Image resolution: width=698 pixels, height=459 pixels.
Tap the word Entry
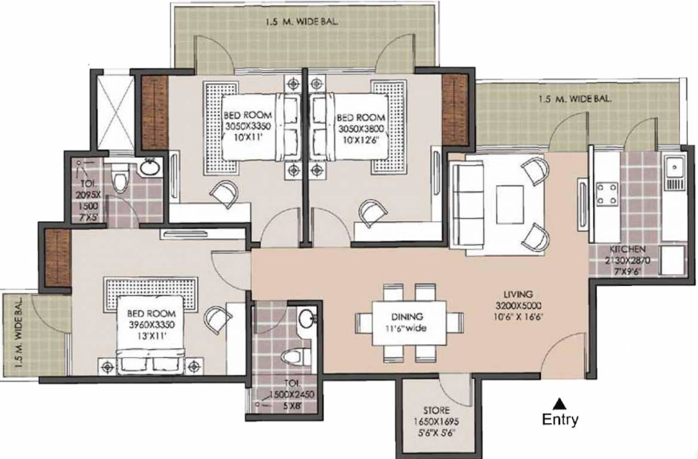(559, 420)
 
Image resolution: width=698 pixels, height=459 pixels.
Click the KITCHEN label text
(626, 249)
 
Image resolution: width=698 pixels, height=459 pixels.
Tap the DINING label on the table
(408, 317)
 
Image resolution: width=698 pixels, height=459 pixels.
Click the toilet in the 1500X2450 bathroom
(292, 357)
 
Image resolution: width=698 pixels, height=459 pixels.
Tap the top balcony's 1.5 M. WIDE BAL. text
(303, 24)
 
